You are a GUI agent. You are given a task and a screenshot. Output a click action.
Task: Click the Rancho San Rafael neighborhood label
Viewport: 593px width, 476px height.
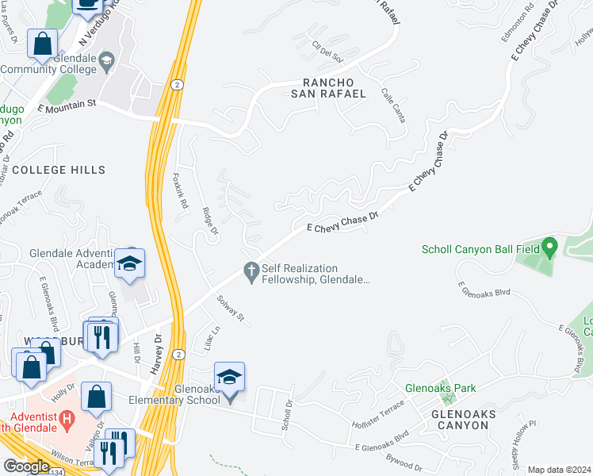335,87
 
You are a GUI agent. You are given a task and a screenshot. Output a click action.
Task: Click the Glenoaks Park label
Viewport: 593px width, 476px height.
440,389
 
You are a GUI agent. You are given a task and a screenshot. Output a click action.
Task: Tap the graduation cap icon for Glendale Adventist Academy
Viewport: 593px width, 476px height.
130,263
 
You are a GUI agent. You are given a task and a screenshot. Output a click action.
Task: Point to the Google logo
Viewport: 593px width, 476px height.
26,466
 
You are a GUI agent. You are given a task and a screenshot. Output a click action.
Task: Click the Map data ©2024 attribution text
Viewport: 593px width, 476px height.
559,470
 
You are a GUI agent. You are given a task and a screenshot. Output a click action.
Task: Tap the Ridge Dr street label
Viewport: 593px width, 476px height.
209,222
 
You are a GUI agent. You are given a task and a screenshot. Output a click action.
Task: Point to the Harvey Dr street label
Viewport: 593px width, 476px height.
157,347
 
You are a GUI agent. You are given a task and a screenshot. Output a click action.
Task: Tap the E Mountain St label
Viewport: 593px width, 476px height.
67,103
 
